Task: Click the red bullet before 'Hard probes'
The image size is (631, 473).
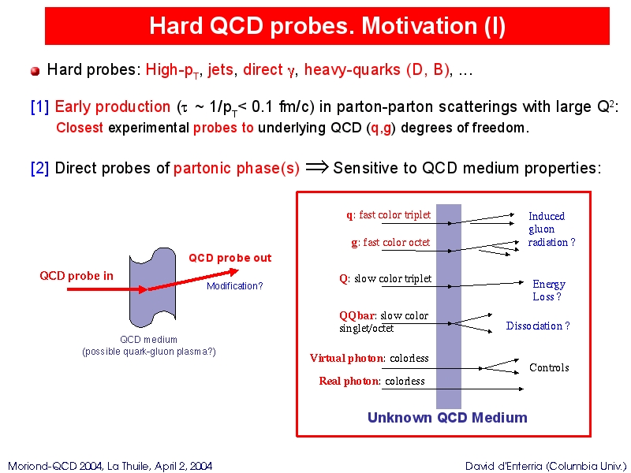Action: pyautogui.click(x=35, y=71)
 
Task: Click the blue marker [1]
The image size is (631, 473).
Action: pyautogui.click(x=40, y=107)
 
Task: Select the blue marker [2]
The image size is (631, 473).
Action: pyautogui.click(x=40, y=168)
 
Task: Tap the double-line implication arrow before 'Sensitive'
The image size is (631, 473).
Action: pyautogui.click(x=317, y=167)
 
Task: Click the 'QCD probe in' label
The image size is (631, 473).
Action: pyautogui.click(x=77, y=276)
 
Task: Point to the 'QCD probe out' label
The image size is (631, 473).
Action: pyautogui.click(x=230, y=258)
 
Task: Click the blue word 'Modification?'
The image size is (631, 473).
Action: pyautogui.click(x=234, y=286)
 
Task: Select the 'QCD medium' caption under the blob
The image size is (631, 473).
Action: pyautogui.click(x=148, y=339)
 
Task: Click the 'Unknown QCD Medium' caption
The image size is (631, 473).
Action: pyautogui.click(x=447, y=418)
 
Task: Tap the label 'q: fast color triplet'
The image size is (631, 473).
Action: pyautogui.click(x=388, y=214)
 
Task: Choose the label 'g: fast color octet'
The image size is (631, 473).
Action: pyautogui.click(x=390, y=243)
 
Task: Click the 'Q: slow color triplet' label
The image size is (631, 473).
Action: pyautogui.click(x=386, y=279)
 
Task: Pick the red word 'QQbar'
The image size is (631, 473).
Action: pyautogui.click(x=357, y=316)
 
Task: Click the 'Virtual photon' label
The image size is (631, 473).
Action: pyautogui.click(x=346, y=358)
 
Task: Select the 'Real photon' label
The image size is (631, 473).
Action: pyautogui.click(x=349, y=381)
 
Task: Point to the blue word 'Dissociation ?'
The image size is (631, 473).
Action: pyautogui.click(x=538, y=326)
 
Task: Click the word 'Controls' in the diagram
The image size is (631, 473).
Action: pyautogui.click(x=549, y=367)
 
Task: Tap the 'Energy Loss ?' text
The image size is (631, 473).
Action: pyautogui.click(x=549, y=290)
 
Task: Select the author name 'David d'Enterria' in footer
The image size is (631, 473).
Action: pyautogui.click(x=504, y=466)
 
